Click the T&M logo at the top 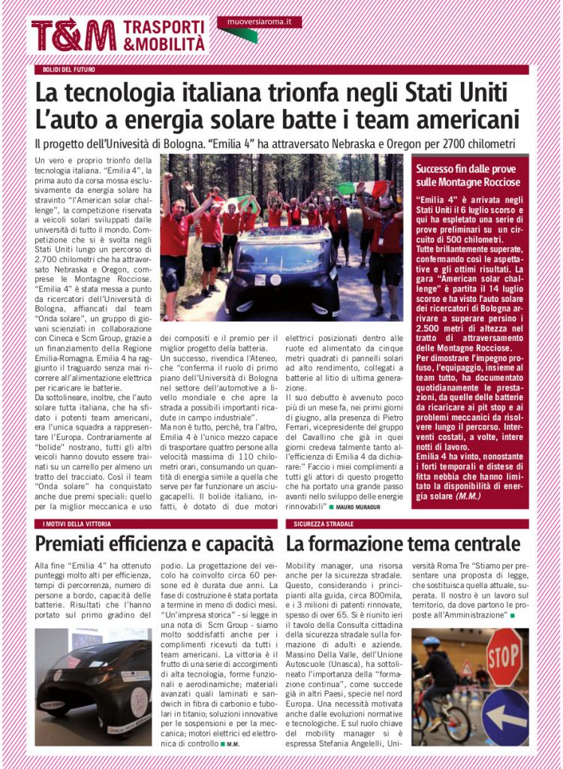[73, 35]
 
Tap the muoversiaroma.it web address [259, 23]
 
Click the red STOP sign [504, 653]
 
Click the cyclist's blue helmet [432, 643]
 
